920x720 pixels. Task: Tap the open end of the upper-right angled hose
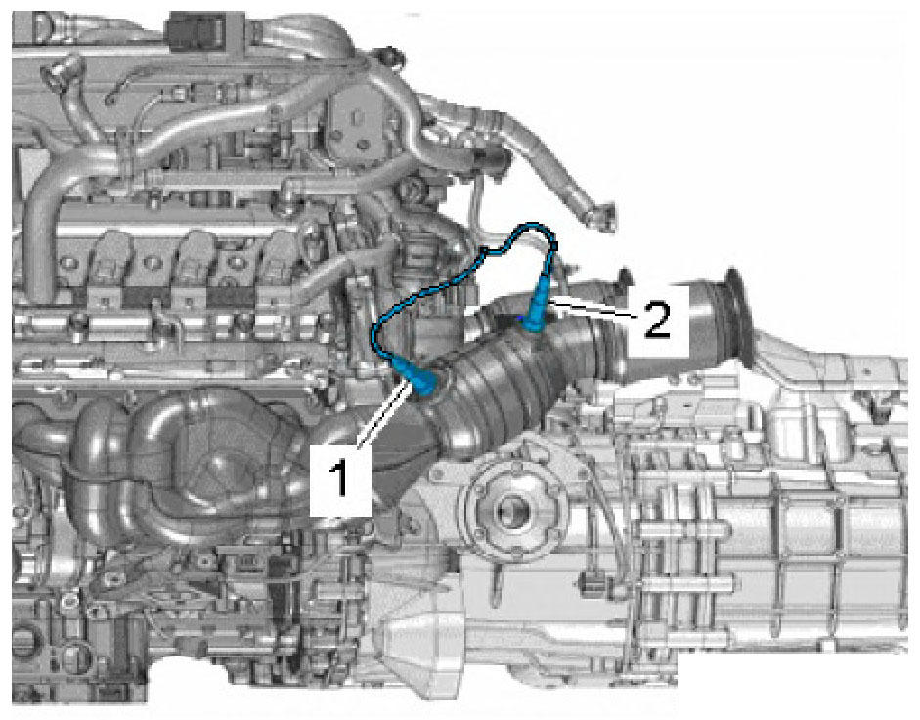tap(604, 215)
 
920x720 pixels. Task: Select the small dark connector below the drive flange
tap(592, 583)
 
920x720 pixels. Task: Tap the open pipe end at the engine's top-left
tap(57, 72)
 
